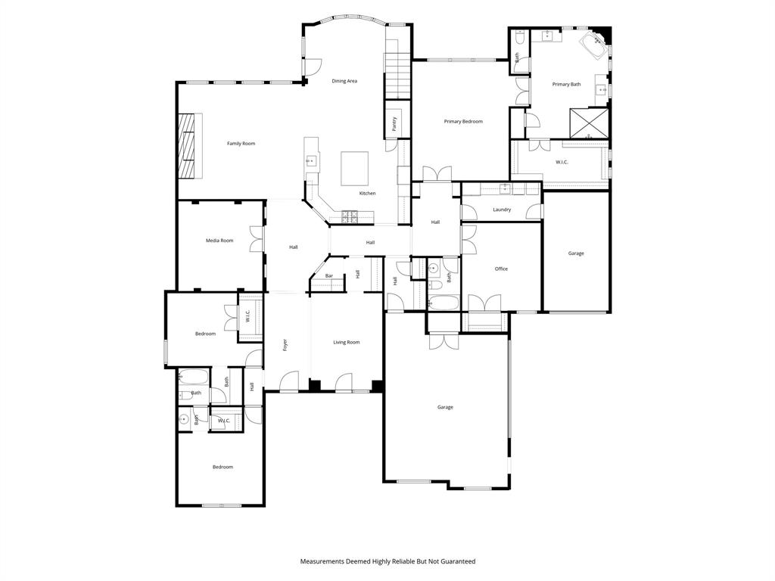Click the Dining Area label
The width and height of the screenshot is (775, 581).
pos(344,81)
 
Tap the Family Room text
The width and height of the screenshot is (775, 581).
pos(241,144)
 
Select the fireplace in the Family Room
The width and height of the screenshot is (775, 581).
pos(190,146)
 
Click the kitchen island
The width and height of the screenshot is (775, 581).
pos(354,168)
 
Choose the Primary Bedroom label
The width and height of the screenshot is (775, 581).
pos(462,121)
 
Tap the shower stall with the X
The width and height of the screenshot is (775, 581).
pos(589,123)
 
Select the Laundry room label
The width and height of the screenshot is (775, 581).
pos(501,210)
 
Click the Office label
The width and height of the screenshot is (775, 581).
pos(501,269)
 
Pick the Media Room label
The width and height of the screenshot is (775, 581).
pos(219,241)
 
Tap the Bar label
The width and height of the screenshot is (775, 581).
pos(329,276)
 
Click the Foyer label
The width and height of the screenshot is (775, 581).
pos(285,344)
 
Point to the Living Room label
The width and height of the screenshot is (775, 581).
pos(347,343)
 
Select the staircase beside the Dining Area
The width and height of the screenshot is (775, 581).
pos(397,76)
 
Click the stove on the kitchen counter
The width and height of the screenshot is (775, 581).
pos(350,216)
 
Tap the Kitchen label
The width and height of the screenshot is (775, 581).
pos(367,194)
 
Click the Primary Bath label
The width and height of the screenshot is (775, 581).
pos(566,84)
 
